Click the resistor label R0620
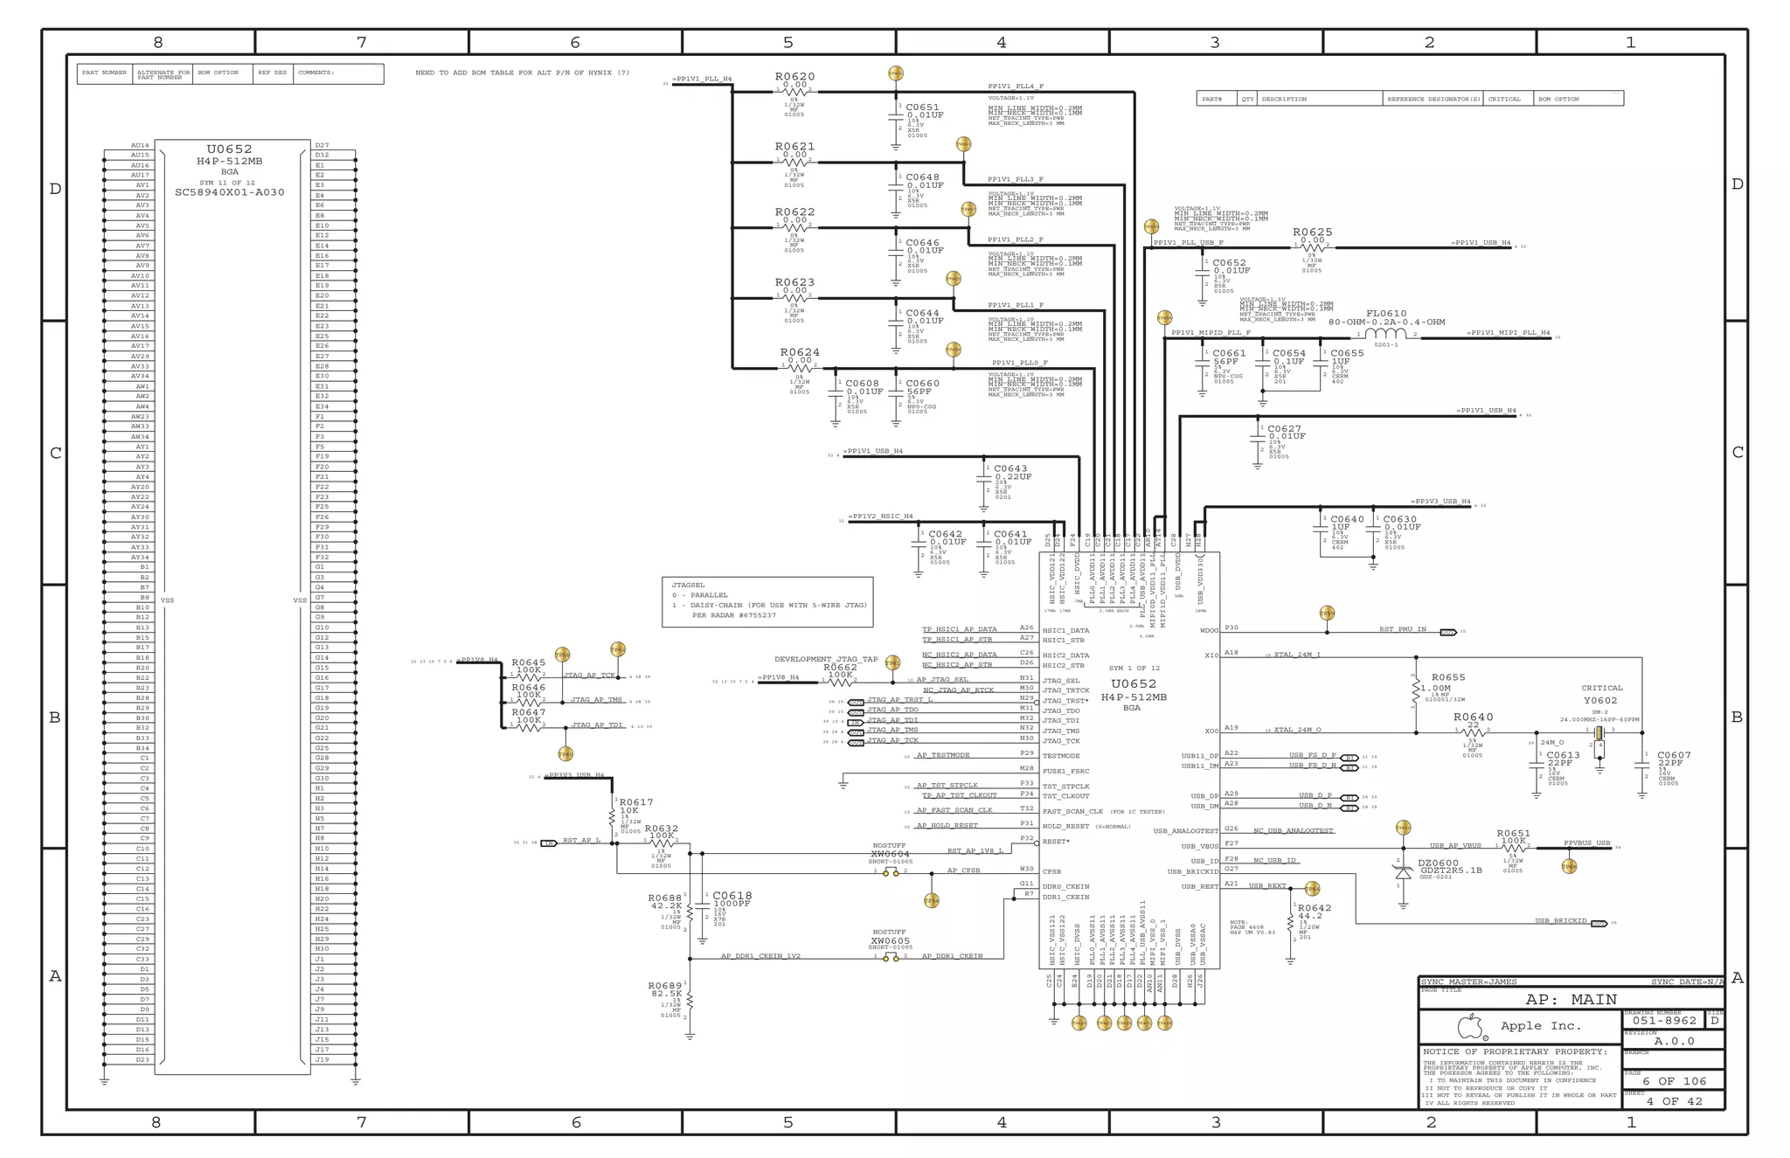[794, 77]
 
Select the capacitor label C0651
[923, 107]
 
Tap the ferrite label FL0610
[1386, 313]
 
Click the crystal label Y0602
[1600, 700]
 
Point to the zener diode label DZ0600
[1438, 863]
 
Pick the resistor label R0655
[1448, 677]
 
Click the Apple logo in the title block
[1472, 1026]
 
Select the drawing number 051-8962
[1664, 1020]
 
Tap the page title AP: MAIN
[1571, 999]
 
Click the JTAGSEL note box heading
[688, 585]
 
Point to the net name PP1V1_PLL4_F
[1016, 87]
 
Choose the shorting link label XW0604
[890, 854]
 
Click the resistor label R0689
[664, 986]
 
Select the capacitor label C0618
[732, 896]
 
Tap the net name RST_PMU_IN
[1403, 629]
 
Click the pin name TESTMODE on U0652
[1061, 756]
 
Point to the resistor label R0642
[1314, 908]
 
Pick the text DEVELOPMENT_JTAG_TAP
[825, 659]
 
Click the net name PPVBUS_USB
[1586, 843]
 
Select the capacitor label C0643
[1010, 468]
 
